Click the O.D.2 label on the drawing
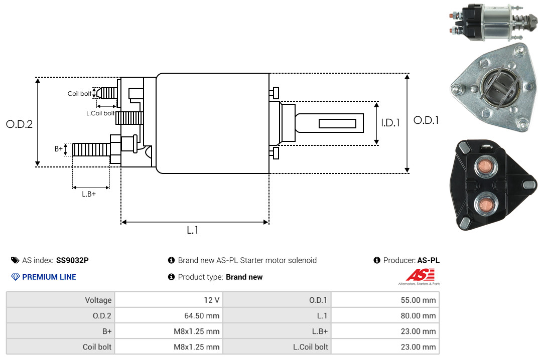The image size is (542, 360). pyautogui.click(x=20, y=124)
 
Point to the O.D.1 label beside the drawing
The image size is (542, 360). pyautogui.click(x=426, y=120)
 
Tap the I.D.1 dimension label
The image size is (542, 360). pyautogui.click(x=390, y=123)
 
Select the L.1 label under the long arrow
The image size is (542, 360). pyautogui.click(x=193, y=230)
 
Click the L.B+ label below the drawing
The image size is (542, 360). pyautogui.click(x=89, y=194)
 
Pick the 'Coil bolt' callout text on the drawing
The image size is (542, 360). pyautogui.click(x=79, y=94)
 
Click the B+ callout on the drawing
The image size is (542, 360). pyautogui.click(x=58, y=149)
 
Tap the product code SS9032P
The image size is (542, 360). pyautogui.click(x=72, y=260)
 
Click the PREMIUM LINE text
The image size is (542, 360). pyautogui.click(x=49, y=277)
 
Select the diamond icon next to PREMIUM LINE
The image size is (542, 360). pyautogui.click(x=16, y=277)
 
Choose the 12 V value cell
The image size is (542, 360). pyautogui.click(x=169, y=300)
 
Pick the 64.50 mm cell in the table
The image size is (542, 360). pyautogui.click(x=169, y=315)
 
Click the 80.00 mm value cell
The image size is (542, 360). pyautogui.click(x=385, y=315)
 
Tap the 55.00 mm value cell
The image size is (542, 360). pyautogui.click(x=385, y=300)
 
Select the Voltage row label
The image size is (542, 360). pyautogui.click(x=98, y=300)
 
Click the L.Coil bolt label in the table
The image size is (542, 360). pyautogui.click(x=311, y=347)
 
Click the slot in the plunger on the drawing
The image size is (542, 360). pyautogui.click(x=337, y=123)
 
